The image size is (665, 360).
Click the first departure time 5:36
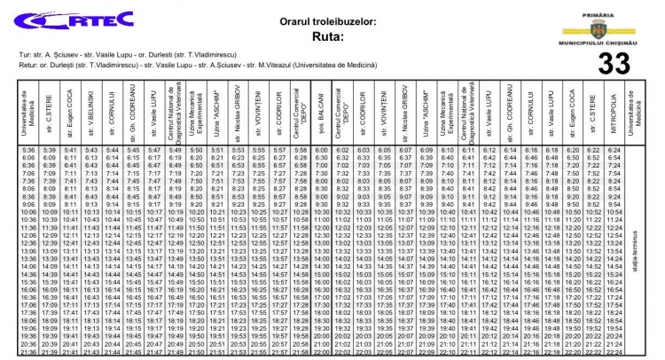pos(29,151)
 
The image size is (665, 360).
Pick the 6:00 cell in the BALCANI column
pos(322,151)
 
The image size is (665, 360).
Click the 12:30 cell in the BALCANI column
pos(322,234)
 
